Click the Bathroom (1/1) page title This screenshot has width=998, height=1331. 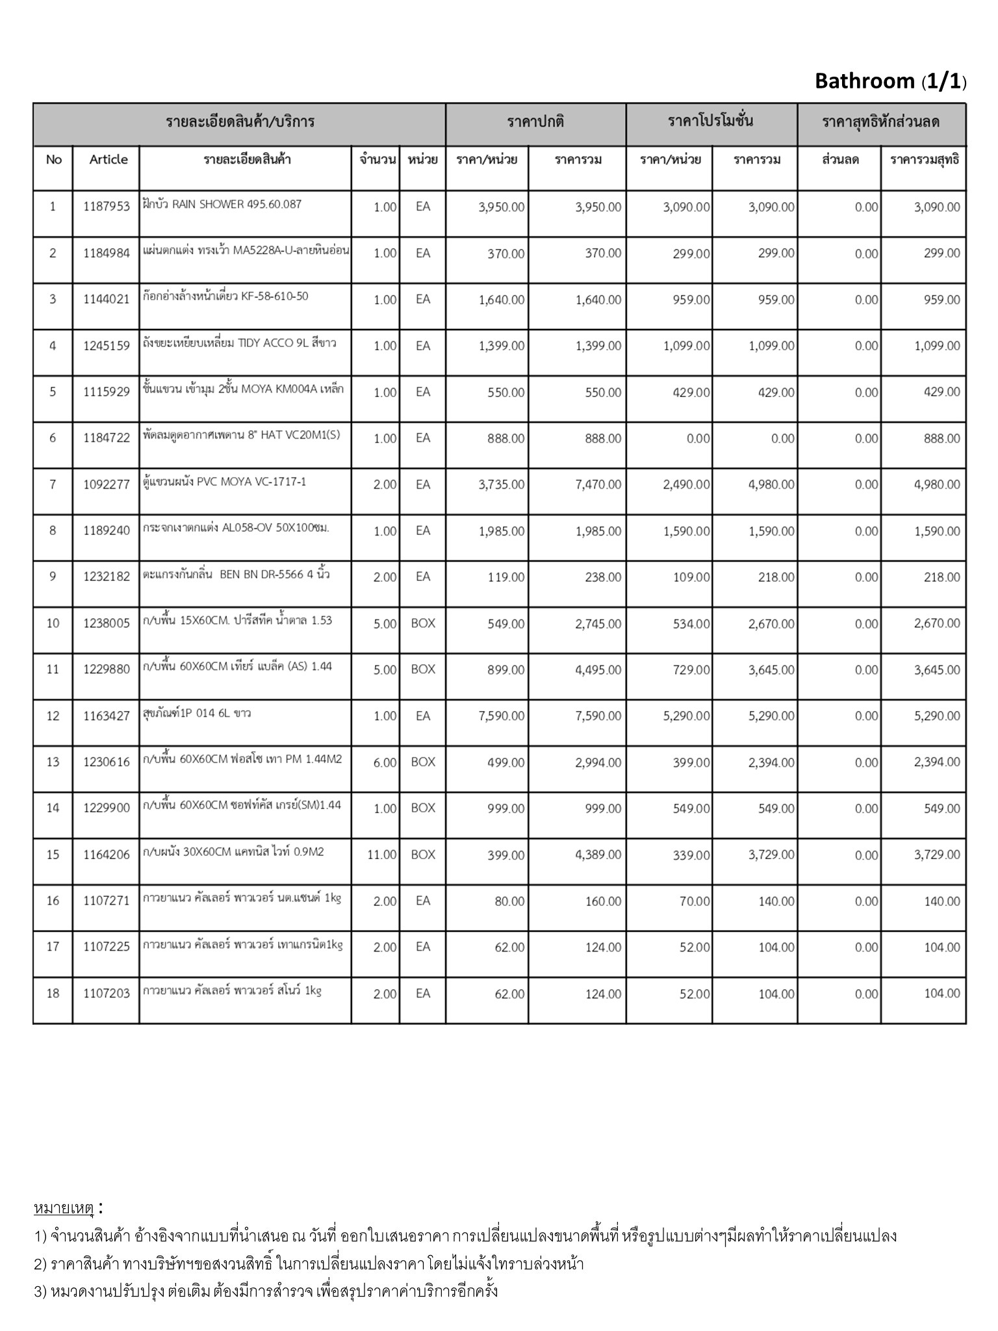(890, 81)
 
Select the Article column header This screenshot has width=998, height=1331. (109, 160)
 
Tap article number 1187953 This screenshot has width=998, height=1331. (107, 207)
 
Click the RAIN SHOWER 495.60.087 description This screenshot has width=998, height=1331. (222, 205)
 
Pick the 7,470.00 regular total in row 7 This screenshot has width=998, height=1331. (598, 485)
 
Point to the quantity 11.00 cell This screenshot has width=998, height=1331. (381, 855)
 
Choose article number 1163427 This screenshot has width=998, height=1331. (107, 716)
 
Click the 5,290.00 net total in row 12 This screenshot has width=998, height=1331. (936, 716)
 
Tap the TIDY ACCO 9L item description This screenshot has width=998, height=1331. (239, 343)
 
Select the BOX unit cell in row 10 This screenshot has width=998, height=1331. (423, 623)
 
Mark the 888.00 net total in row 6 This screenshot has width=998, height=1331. (941, 439)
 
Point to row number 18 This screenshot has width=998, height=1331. (53, 994)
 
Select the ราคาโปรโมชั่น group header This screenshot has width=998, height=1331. (711, 122)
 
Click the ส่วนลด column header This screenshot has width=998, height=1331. (840, 160)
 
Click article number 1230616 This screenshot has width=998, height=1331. (107, 762)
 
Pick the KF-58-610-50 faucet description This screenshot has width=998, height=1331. (225, 297)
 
